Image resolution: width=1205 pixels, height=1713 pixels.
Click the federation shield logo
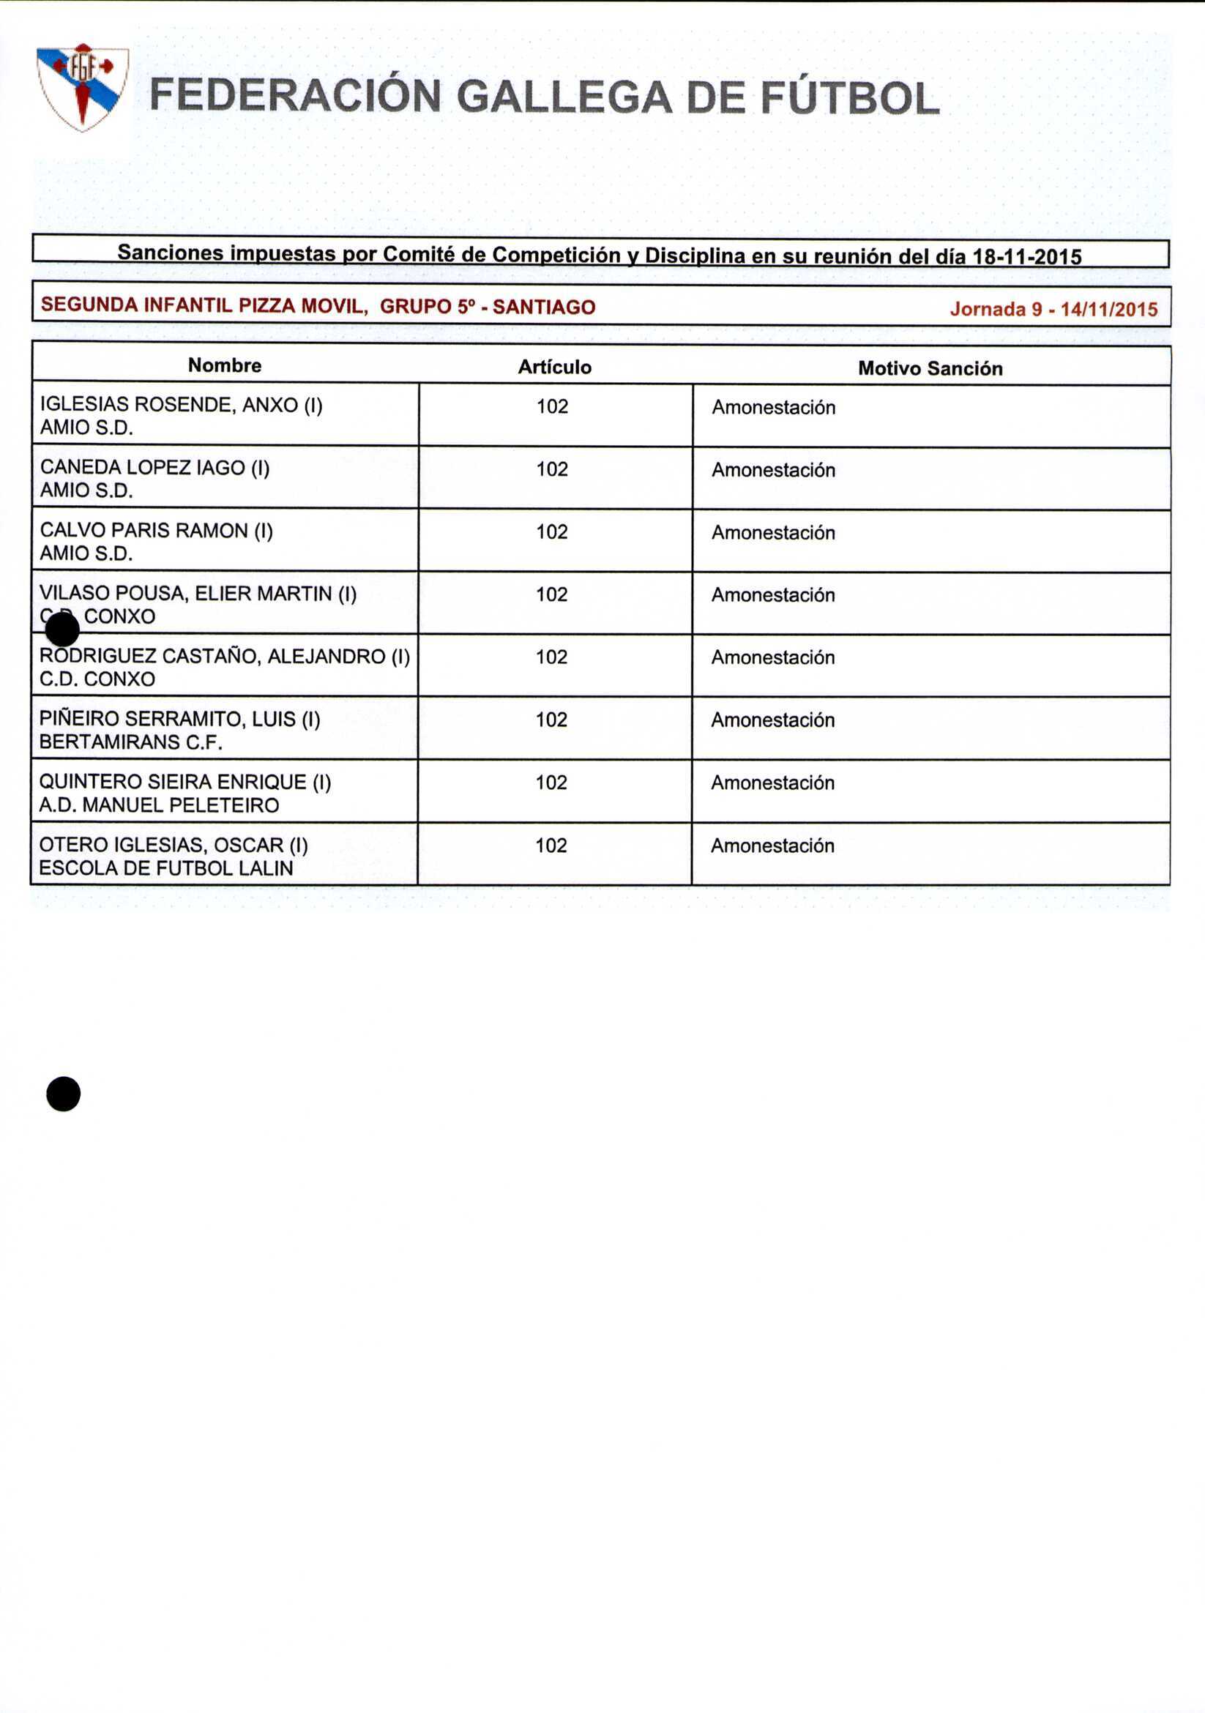[x=83, y=86]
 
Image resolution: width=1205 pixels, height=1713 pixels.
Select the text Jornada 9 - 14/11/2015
[x=1053, y=309]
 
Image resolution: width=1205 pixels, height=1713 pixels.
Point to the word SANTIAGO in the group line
[x=544, y=307]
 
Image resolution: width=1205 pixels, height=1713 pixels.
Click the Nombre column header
[x=225, y=365]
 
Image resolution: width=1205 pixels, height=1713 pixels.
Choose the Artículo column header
[x=554, y=366]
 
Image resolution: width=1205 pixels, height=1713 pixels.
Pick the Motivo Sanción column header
[x=930, y=367]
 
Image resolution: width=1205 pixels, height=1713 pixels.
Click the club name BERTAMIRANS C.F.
[x=130, y=742]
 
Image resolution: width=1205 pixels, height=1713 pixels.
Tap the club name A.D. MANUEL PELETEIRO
[x=159, y=805]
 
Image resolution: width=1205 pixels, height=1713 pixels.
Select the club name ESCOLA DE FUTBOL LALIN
[x=165, y=867]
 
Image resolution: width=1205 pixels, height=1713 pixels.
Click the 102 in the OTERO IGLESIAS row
[x=551, y=846]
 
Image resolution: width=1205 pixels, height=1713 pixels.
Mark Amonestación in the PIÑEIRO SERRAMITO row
[x=772, y=720]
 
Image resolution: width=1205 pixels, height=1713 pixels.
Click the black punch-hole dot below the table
[x=64, y=1094]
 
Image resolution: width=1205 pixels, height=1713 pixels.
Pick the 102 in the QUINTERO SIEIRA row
[x=551, y=782]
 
